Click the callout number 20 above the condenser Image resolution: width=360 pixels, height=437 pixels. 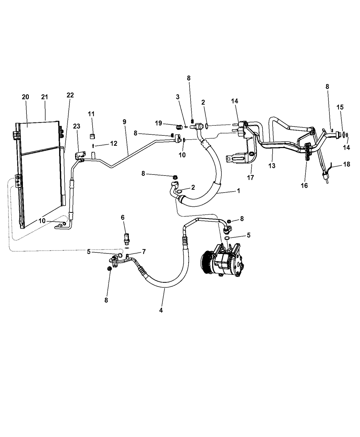pos(25,97)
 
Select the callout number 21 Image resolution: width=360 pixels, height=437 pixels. pos(45,97)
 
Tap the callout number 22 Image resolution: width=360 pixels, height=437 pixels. pos(70,95)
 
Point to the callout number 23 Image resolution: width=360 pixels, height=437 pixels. pos(77,126)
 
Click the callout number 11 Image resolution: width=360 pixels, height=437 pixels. pos(91,113)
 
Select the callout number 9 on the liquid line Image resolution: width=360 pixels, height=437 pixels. pos(124,122)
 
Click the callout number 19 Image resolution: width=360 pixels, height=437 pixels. pos(158,123)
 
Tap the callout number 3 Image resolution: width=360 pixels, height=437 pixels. pos(178,97)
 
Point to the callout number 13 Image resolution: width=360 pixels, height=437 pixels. pos(272,166)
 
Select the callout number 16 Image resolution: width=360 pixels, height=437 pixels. pos(304,185)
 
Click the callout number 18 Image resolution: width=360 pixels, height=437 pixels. pos(346,164)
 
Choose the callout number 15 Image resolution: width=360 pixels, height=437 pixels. pos(340,107)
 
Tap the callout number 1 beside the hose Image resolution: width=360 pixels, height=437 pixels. pos(238,191)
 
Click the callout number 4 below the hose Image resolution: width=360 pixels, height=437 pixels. pos(161,310)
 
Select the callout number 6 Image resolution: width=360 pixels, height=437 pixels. pos(122,217)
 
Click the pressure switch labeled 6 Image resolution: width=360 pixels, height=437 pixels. pos(127,237)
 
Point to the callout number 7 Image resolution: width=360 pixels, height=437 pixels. pos(144,252)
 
